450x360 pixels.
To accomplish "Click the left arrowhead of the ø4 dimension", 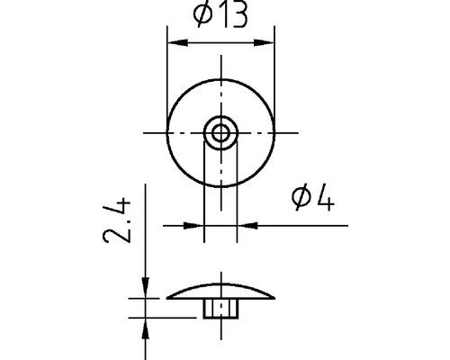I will click(x=200, y=225).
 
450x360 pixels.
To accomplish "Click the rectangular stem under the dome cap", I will click(x=220, y=309).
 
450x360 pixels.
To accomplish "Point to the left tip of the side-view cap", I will click(x=169, y=299).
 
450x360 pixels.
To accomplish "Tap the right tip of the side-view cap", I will click(x=274, y=299).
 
